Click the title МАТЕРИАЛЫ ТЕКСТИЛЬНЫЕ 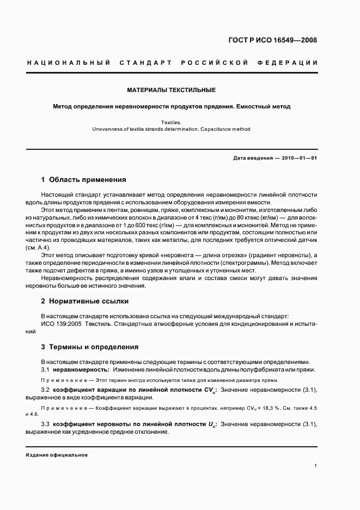click(x=172, y=89)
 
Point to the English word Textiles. click(x=172, y=123)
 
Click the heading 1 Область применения click(x=84, y=179)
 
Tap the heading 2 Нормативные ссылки click(x=85, y=301)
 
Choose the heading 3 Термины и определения click(x=90, y=347)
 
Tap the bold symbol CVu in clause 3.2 click(x=210, y=390)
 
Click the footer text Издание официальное click(x=57, y=454)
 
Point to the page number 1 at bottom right click(x=316, y=466)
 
